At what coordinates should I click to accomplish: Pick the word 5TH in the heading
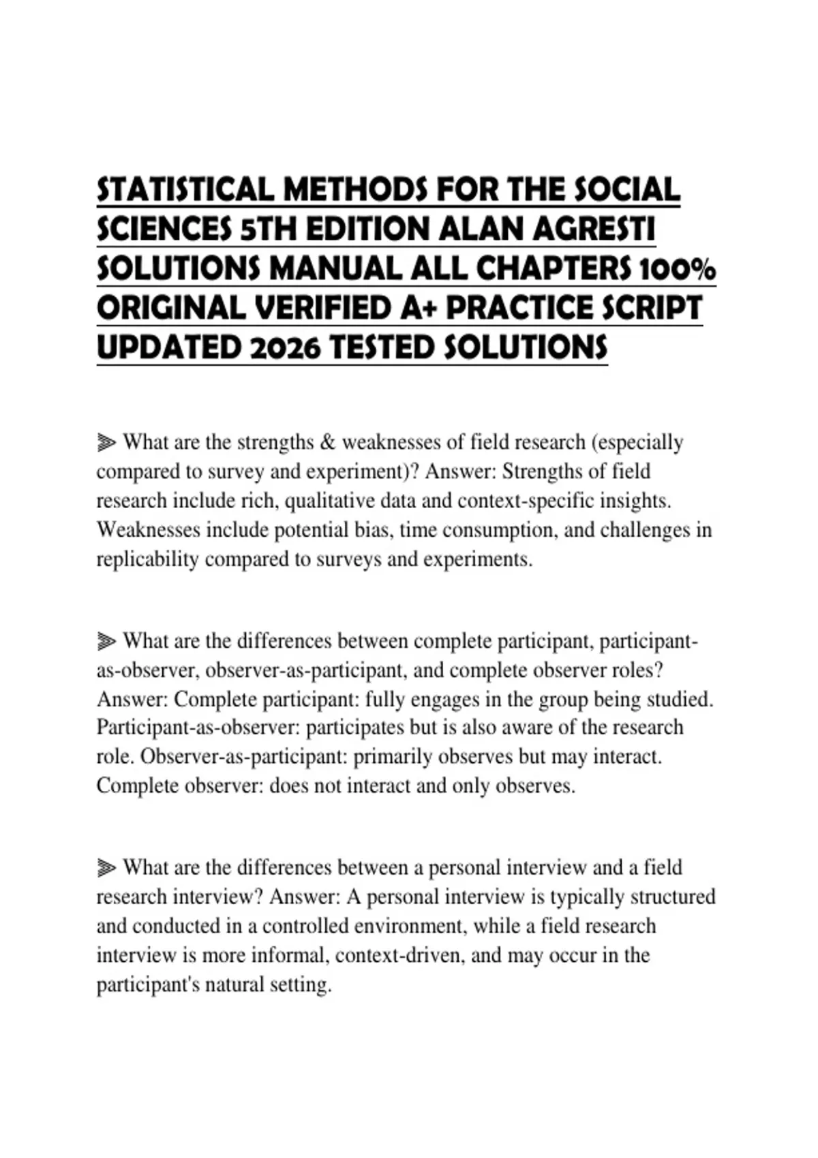[x=269, y=229]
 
